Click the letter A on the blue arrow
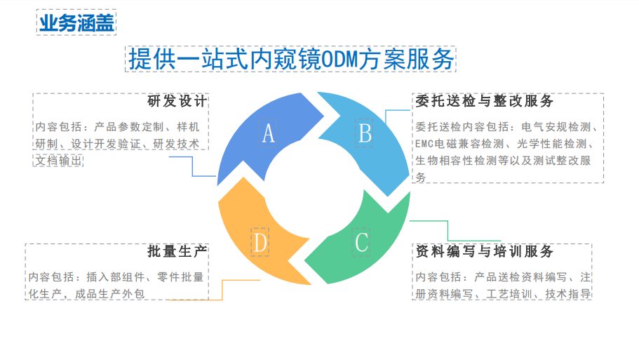268,133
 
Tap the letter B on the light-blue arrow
365,133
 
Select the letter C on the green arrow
361,243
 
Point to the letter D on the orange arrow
260,243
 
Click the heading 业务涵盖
76,22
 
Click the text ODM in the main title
339,60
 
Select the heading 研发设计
177,101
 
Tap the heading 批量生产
177,251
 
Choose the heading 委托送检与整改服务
485,101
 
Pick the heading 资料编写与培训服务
485,251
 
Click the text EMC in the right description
424,144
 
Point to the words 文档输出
59,161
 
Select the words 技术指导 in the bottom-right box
568,294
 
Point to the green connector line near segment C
448,231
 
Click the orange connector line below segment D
222,290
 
